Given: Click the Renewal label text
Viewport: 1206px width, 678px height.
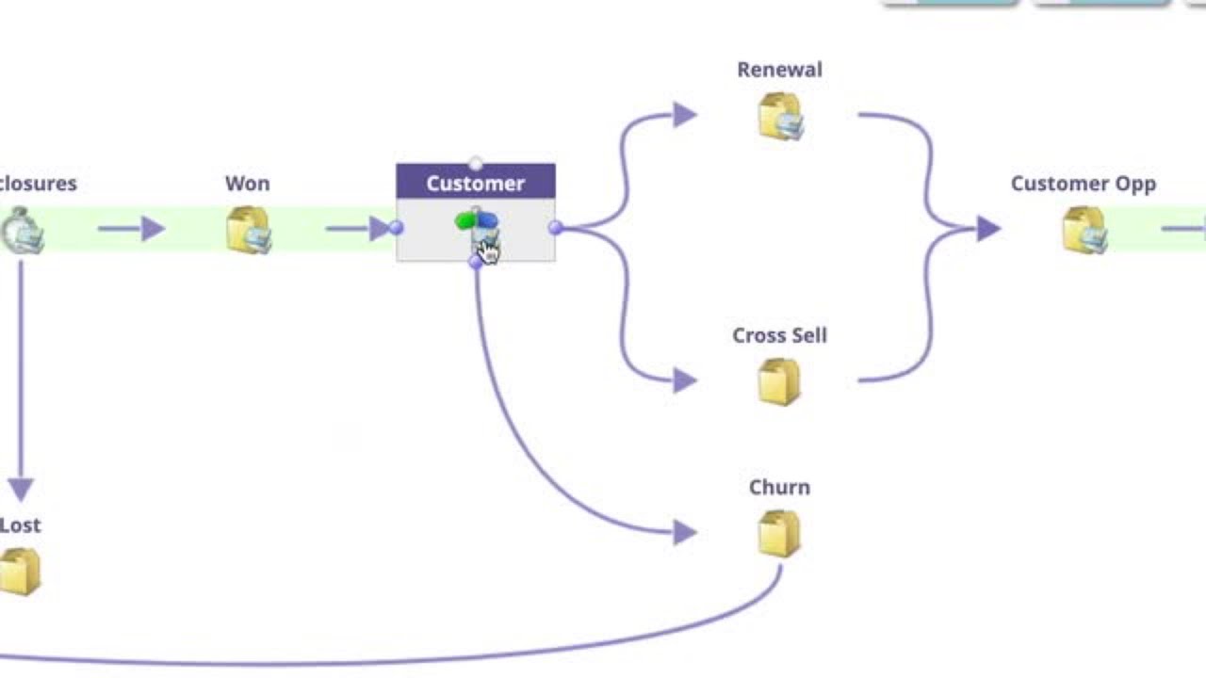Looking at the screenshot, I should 779,70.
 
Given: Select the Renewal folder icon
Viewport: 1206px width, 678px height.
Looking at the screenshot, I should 779,117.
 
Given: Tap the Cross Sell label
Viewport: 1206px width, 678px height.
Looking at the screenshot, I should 779,335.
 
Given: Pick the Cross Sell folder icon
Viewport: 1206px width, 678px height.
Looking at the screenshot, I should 778,382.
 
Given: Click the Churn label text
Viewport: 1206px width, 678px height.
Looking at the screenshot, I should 779,487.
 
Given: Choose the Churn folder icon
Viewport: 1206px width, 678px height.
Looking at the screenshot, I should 778,534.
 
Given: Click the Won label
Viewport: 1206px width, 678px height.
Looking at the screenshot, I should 247,184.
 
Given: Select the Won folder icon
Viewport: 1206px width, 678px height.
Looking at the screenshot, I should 248,231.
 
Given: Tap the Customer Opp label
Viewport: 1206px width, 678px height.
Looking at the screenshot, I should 1083,184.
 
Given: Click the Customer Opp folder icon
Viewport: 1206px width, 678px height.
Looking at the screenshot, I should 1084,231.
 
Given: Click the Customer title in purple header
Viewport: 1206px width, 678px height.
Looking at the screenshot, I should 475,183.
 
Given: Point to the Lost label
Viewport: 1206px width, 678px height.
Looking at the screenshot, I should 21,525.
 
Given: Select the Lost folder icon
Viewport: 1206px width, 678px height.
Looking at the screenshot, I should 20,572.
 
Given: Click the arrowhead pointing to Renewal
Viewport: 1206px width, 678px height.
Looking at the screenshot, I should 685,115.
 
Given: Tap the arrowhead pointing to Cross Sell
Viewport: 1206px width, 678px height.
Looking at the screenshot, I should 685,380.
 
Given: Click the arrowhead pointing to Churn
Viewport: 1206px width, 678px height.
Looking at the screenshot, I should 685,533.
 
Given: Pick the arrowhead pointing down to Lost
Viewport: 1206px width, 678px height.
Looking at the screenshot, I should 21,489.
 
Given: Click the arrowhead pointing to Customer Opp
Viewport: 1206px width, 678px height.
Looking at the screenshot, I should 987,228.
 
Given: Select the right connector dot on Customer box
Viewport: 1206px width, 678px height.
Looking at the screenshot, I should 555,227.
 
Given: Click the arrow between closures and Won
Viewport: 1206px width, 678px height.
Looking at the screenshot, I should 132,228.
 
